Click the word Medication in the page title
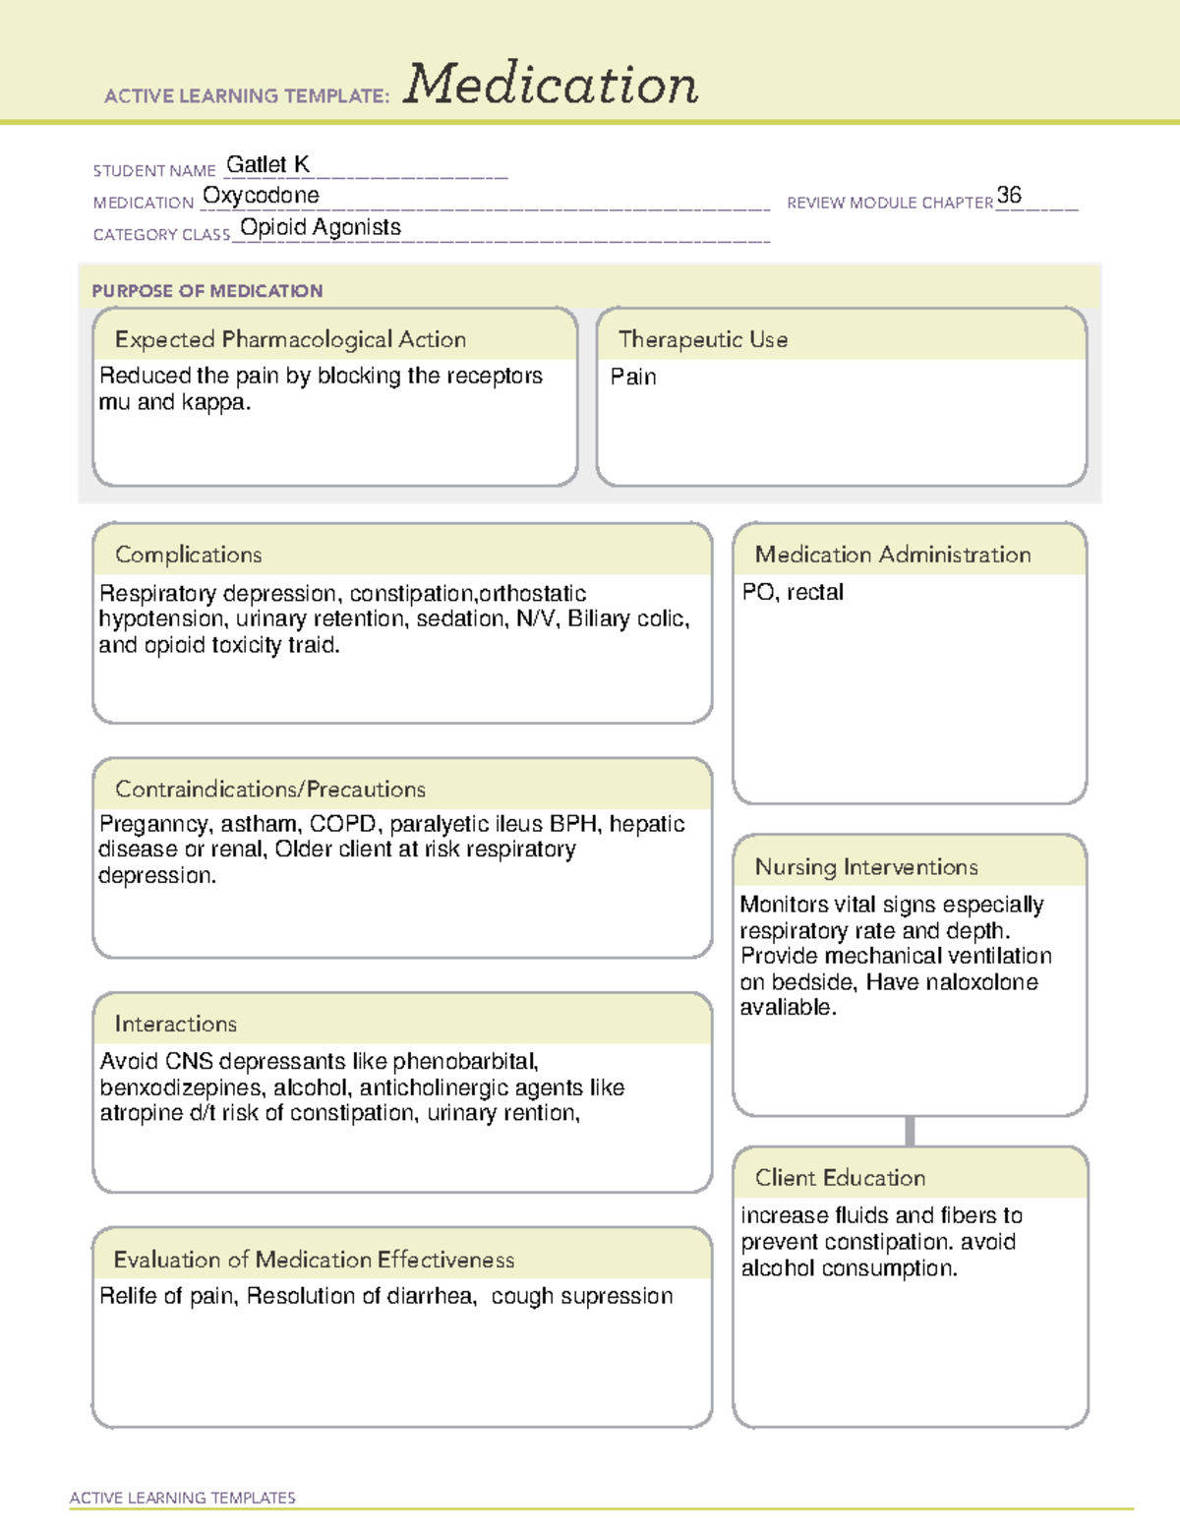(551, 85)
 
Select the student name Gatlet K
(267, 164)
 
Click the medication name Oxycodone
(261, 196)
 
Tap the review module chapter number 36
(1009, 195)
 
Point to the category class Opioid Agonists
(321, 227)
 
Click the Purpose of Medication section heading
(207, 291)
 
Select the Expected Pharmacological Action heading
(290, 339)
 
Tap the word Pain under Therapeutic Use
(633, 377)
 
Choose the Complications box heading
(189, 555)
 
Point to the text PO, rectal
(793, 592)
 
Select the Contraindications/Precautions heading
(270, 789)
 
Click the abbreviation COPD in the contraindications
(346, 824)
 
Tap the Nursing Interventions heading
(866, 866)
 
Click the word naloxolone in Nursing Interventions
(980, 982)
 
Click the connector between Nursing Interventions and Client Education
(910, 1131)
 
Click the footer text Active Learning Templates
(183, 1498)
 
